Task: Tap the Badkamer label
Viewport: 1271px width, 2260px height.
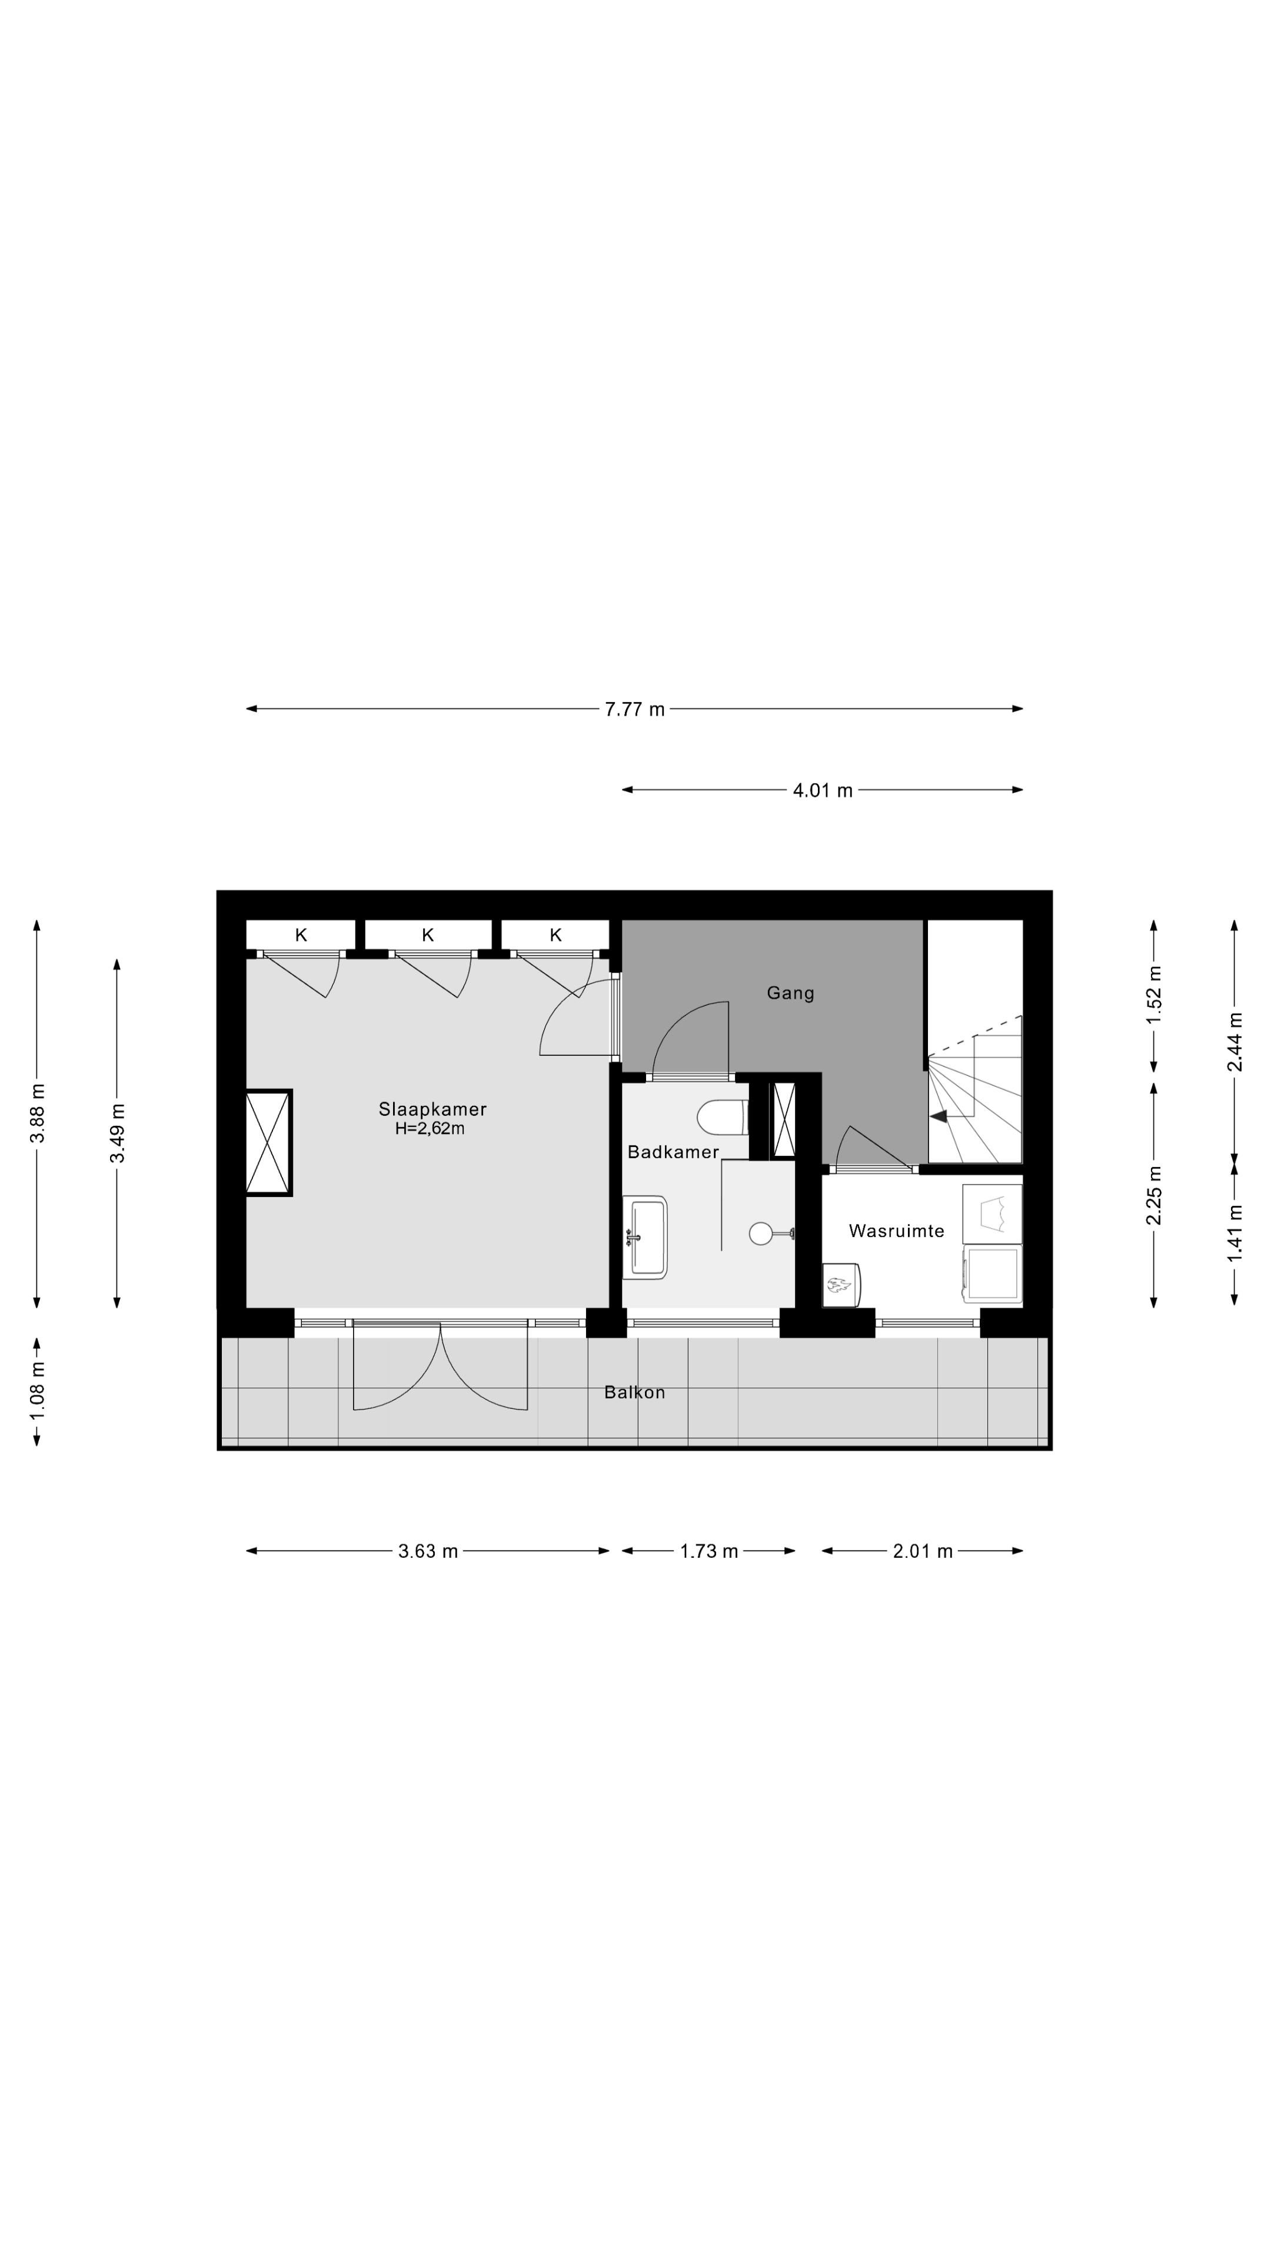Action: pos(673,1152)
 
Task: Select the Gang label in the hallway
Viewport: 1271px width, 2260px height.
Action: pos(790,993)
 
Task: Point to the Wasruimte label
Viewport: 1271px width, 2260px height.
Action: pos(896,1231)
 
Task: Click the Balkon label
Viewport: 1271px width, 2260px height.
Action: pos(634,1392)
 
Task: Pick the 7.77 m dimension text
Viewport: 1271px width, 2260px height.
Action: pos(634,709)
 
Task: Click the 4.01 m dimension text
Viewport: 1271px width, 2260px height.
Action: pos(823,790)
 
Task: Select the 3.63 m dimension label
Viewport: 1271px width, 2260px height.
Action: pos(428,1551)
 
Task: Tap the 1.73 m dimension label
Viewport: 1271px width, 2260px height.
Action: pos(708,1551)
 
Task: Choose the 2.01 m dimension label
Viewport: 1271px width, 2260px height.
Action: pos(923,1551)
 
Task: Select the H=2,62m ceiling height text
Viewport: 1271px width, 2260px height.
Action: pos(430,1129)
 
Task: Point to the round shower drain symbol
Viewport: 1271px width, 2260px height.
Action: pos(760,1234)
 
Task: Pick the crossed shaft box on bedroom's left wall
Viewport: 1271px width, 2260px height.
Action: pos(268,1142)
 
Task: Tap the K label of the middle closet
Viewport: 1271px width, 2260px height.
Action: pos(428,935)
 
